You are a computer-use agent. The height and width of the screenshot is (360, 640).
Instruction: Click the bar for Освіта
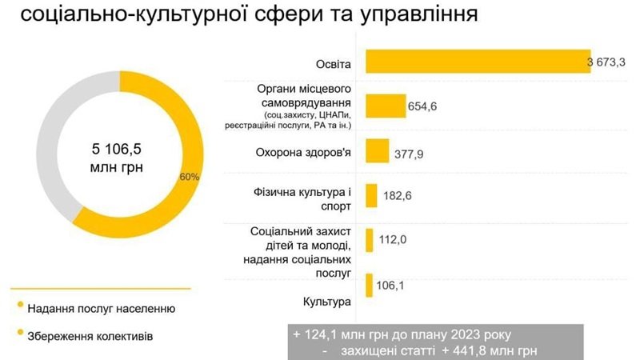(x=478, y=62)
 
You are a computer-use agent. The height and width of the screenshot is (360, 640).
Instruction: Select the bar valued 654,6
(x=386, y=106)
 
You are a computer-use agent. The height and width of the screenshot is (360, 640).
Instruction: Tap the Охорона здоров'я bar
(x=377, y=151)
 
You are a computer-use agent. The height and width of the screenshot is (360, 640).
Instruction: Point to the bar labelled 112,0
(x=370, y=240)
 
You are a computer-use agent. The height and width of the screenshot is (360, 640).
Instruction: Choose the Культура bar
(x=370, y=284)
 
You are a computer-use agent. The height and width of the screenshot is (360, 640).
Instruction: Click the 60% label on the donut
(x=190, y=176)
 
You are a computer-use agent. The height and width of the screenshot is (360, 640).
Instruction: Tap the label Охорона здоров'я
(x=307, y=152)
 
